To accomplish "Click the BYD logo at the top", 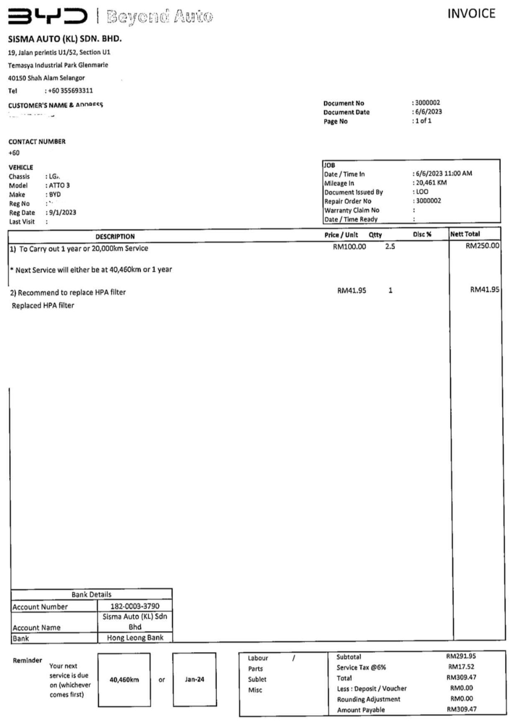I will (48, 16).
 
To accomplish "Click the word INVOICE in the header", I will (471, 14).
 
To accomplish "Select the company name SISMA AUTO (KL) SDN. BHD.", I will (65, 39).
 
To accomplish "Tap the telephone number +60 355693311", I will (70, 90).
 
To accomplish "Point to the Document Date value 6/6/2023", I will (428, 111).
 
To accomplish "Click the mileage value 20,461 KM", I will (431, 182).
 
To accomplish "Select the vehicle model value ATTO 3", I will (59, 185).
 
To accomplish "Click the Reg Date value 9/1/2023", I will (63, 212).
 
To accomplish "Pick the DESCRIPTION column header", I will (115, 236).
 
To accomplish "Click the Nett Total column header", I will (465, 234).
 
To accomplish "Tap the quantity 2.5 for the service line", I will (390, 246).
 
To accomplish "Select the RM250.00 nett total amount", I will (482, 246).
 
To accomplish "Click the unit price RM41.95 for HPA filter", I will (351, 290).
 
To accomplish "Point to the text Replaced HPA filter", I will (43, 306).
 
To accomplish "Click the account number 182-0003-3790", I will (135, 606).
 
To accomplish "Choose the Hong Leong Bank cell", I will (135, 638).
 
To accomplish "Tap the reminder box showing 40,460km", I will (124, 680).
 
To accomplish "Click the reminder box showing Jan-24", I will (194, 679).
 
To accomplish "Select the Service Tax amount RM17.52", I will (461, 667).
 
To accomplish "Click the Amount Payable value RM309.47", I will (461, 709).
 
